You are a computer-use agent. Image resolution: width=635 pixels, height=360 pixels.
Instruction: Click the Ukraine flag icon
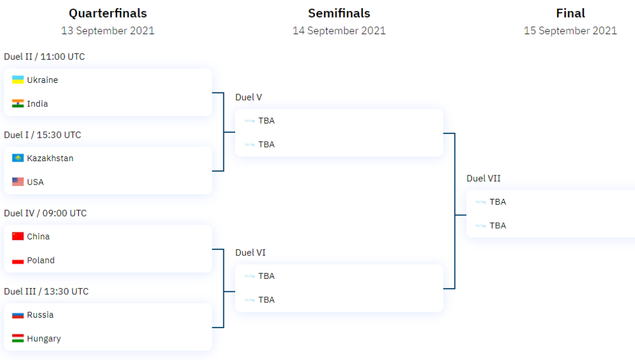(18, 80)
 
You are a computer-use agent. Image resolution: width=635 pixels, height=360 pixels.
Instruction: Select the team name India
(38, 104)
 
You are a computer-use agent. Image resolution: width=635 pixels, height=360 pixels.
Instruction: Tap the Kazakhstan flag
(18, 158)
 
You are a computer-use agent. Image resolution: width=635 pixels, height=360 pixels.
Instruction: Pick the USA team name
(35, 182)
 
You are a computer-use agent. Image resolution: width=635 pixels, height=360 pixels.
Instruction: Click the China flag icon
(18, 236)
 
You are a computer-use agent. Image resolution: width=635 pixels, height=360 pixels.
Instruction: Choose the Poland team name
(41, 260)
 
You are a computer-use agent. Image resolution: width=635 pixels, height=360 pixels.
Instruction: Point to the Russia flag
(18, 315)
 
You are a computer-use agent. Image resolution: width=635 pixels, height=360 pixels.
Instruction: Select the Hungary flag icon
(18, 338)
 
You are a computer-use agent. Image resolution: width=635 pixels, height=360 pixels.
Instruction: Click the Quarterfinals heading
(108, 13)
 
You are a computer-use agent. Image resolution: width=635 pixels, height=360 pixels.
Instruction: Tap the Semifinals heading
(339, 13)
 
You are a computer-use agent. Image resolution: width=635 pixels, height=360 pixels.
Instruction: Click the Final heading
(570, 13)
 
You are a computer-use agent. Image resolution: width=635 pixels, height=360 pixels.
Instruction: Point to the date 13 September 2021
(108, 31)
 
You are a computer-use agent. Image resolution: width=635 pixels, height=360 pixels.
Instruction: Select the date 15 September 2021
(570, 31)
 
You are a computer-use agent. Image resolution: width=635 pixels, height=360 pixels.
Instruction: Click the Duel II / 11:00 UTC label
(44, 56)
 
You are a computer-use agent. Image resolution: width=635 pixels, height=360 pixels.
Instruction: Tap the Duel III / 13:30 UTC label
(46, 291)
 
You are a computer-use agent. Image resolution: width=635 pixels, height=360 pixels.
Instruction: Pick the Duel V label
(249, 97)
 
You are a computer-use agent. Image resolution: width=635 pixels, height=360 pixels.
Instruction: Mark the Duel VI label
(250, 252)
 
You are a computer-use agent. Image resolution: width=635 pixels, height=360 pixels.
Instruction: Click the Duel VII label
(483, 178)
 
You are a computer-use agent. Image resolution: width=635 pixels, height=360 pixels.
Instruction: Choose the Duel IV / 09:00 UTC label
(45, 213)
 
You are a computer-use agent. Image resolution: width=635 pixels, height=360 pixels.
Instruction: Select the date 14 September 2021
(339, 31)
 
